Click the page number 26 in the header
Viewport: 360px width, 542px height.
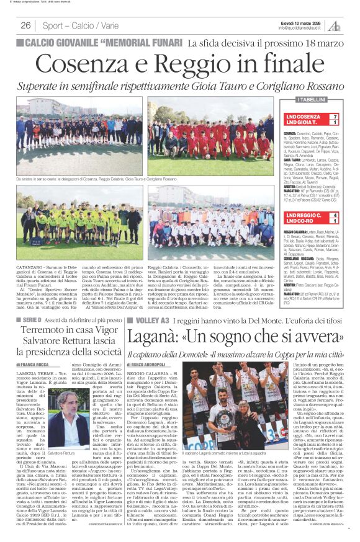point(26,25)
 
